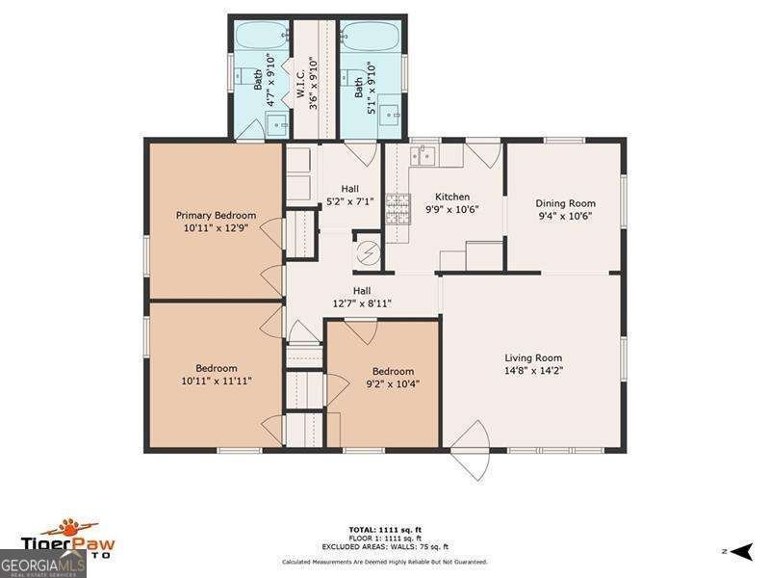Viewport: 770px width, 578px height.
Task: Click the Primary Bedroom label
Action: pos(216,215)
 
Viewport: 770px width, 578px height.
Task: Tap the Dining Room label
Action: pos(565,203)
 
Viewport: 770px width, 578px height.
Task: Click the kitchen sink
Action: pos(424,156)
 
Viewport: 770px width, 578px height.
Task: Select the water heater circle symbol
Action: pos(367,252)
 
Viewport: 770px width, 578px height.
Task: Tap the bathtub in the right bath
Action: pos(371,37)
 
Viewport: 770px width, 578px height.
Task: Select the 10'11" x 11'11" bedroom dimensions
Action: pos(216,381)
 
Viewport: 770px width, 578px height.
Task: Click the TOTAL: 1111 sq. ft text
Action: pos(384,530)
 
